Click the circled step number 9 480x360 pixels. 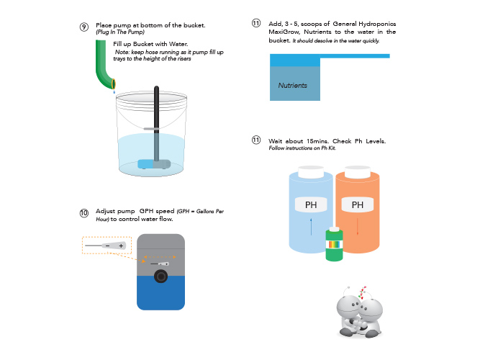click(x=84, y=27)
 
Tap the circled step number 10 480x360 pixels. click(x=84, y=213)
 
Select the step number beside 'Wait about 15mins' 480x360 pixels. click(x=256, y=140)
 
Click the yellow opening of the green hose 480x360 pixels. click(x=114, y=84)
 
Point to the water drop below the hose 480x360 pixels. click(x=114, y=91)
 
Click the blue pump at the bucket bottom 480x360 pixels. click(x=154, y=164)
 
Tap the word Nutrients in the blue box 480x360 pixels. click(x=293, y=86)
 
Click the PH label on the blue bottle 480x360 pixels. click(x=311, y=204)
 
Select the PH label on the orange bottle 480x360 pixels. click(x=358, y=204)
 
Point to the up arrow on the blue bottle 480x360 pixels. click(x=311, y=227)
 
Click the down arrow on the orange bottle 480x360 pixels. click(x=358, y=227)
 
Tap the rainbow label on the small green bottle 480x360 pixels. click(x=334, y=245)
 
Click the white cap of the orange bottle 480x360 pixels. click(x=358, y=172)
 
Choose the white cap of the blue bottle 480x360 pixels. click(x=311, y=172)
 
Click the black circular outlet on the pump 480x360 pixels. click(x=160, y=276)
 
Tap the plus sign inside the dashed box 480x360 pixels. click(x=121, y=246)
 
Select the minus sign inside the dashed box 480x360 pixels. click(x=108, y=246)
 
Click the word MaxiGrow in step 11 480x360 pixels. click(x=284, y=32)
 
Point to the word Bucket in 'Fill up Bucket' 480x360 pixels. click(x=144, y=44)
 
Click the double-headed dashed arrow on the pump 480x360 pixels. click(x=160, y=257)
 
